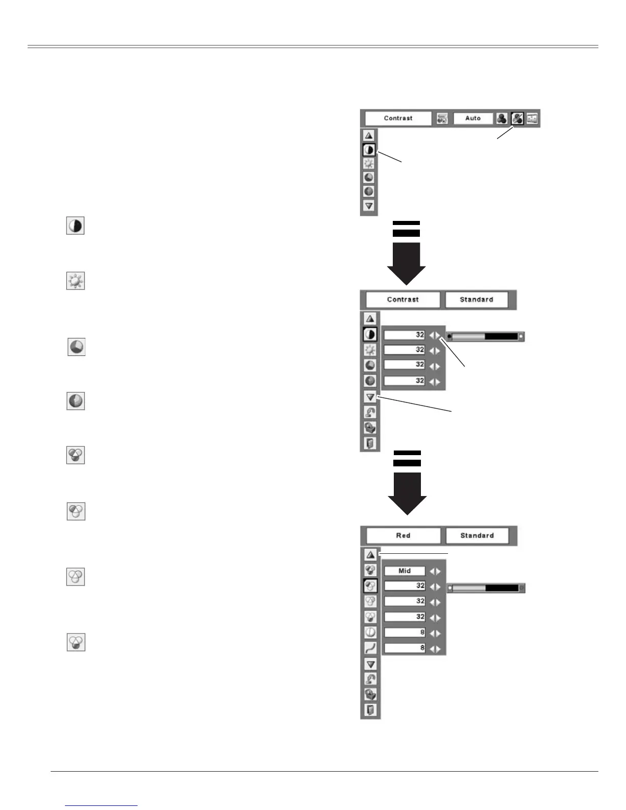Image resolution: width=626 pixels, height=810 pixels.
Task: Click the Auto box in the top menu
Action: pyautogui.click(x=473, y=118)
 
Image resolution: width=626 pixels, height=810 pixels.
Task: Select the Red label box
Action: pyautogui.click(x=403, y=535)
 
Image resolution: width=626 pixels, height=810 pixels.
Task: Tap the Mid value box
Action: pyautogui.click(x=405, y=571)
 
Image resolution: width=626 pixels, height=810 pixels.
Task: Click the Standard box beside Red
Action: pyautogui.click(x=477, y=535)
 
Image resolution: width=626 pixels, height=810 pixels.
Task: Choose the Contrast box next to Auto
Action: pyautogui.click(x=398, y=118)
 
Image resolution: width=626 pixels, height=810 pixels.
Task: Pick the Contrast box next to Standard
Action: pyautogui.click(x=403, y=300)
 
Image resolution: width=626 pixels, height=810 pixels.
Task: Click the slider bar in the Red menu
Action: pyautogui.click(x=486, y=588)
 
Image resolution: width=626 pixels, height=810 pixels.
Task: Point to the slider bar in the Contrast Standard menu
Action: pyautogui.click(x=485, y=336)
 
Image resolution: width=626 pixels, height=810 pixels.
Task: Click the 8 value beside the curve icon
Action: pyautogui.click(x=405, y=648)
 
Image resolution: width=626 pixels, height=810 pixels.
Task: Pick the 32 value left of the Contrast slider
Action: pyautogui.click(x=405, y=335)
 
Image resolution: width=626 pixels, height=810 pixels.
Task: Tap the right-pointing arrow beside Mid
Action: pyautogui.click(x=438, y=571)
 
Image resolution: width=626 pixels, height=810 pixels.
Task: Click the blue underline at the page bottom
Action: pyautogui.click(x=102, y=805)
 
